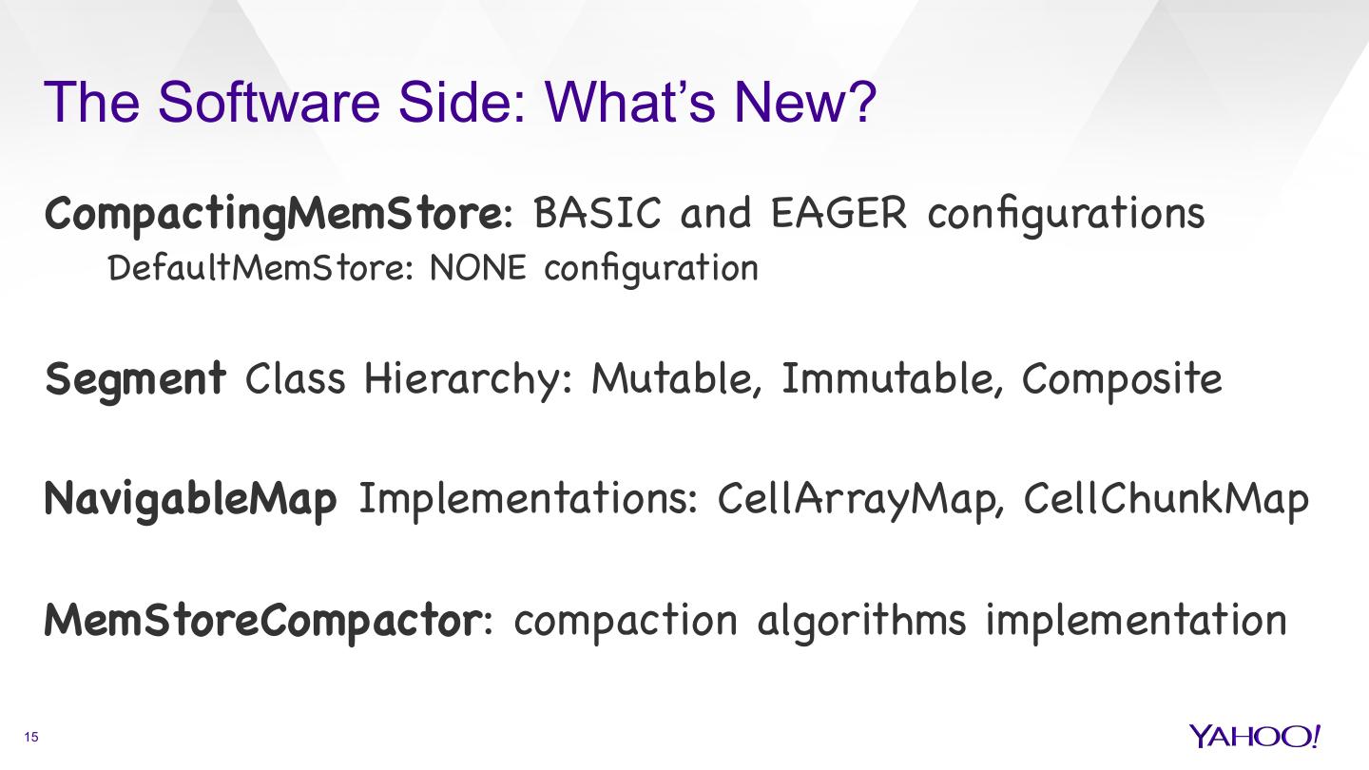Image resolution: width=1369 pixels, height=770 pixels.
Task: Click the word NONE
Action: [477, 269]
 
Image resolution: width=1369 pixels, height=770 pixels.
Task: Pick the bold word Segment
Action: [136, 379]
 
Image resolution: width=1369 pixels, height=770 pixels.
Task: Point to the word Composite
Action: [1122, 379]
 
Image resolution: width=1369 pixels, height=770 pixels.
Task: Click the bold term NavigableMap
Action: [190, 499]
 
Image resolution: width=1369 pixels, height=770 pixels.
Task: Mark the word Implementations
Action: [529, 499]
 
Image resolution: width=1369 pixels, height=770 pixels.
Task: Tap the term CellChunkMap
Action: [1167, 499]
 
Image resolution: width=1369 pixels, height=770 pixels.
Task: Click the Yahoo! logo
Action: [1254, 736]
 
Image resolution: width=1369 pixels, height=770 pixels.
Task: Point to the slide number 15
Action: [31, 738]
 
